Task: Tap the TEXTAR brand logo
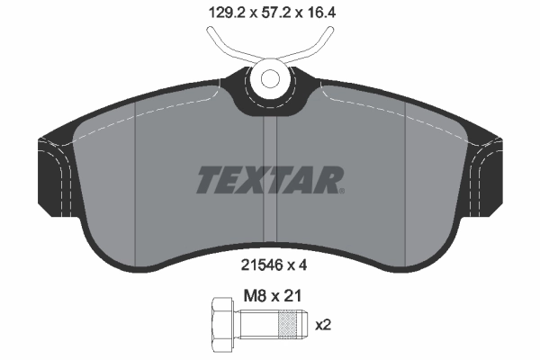tap(268, 180)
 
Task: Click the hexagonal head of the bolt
tap(221, 323)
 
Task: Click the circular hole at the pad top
tap(269, 76)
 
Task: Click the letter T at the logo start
tap(208, 180)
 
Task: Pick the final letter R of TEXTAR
tap(327, 180)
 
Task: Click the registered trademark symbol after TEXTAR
tap(340, 190)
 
